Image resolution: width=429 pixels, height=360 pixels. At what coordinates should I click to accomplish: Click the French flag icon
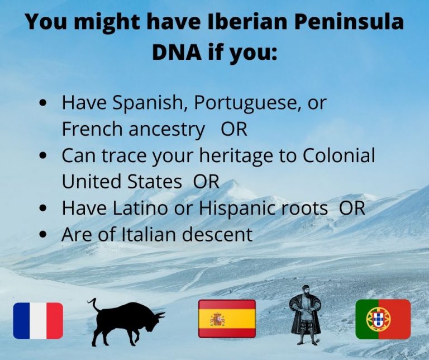click(x=38, y=320)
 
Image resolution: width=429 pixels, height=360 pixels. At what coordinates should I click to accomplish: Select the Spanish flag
click(x=227, y=319)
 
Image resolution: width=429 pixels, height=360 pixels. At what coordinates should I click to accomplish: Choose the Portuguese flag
click(x=383, y=319)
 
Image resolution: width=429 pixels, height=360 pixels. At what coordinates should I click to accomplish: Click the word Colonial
click(x=339, y=155)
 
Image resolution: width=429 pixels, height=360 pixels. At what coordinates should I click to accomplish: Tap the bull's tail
click(x=93, y=305)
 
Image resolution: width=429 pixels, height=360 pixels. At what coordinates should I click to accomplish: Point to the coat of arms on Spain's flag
click(x=217, y=319)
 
